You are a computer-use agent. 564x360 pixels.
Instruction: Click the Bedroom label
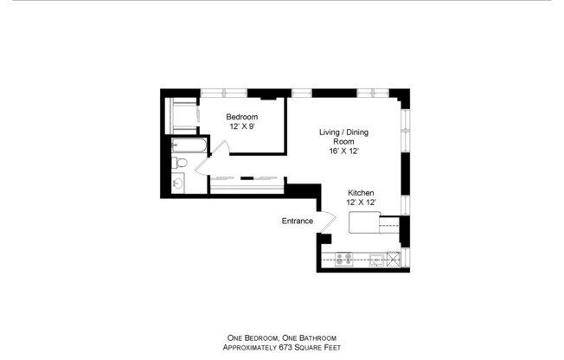(x=241, y=117)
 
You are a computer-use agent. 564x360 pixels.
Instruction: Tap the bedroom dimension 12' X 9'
(x=241, y=126)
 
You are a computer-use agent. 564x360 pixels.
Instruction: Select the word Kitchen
(x=361, y=192)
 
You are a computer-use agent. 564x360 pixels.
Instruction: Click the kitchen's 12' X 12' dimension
(x=362, y=202)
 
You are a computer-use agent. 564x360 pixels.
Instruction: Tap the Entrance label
(x=297, y=221)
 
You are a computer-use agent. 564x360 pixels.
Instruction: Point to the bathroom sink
(x=177, y=183)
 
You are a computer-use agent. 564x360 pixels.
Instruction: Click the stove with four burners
(x=343, y=258)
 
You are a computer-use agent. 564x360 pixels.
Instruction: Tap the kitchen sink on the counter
(x=377, y=258)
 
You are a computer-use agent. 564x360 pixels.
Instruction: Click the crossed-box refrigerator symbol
(x=394, y=258)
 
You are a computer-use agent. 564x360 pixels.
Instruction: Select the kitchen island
(x=363, y=223)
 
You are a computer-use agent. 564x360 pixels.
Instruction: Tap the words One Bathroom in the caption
(x=311, y=338)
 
